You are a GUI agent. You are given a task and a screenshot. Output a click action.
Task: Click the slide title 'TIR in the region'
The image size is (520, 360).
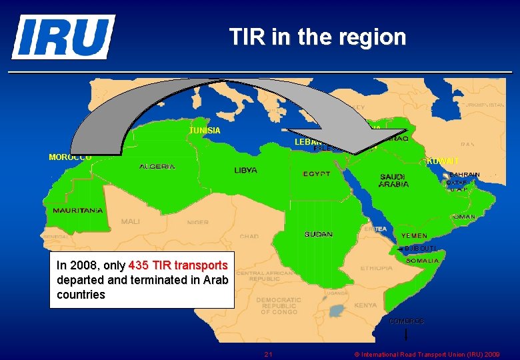(x=317, y=37)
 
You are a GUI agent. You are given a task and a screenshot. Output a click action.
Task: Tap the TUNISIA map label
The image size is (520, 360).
(x=205, y=131)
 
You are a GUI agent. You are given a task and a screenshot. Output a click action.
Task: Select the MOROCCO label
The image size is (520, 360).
(x=70, y=157)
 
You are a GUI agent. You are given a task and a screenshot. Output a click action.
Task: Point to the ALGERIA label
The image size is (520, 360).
(x=157, y=167)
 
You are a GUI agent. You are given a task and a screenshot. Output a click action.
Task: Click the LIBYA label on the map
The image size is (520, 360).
(x=245, y=171)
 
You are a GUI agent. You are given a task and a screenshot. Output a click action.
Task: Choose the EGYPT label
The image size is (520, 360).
(x=317, y=174)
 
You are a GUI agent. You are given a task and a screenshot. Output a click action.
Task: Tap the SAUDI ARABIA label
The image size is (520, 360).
(x=393, y=181)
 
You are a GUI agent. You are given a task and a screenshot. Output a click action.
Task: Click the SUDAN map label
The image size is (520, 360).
(x=319, y=235)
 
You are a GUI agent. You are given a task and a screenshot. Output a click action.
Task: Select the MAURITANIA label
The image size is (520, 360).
(x=78, y=211)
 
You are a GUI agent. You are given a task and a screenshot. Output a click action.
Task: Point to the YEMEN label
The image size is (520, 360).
(x=414, y=236)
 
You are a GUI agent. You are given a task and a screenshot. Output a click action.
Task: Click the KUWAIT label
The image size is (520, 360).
(x=443, y=161)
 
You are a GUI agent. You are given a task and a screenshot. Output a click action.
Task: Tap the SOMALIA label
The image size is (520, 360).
(x=422, y=260)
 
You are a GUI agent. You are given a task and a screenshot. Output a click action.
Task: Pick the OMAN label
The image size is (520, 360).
(x=463, y=217)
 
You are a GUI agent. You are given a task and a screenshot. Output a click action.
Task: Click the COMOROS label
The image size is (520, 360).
(x=406, y=321)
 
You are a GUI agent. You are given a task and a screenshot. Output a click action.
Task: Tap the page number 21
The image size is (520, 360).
(x=268, y=354)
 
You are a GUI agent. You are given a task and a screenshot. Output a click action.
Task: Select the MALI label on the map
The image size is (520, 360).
(x=131, y=221)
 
